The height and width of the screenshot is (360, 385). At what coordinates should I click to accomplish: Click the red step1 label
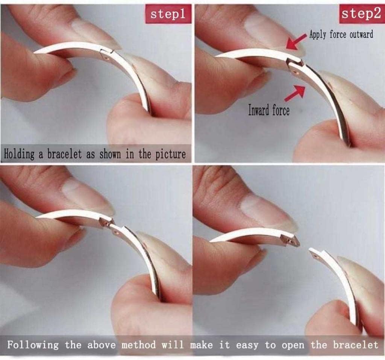point(168,14)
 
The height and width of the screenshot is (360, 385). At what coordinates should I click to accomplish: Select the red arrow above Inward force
point(296,93)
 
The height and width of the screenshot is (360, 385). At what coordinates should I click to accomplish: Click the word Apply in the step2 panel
point(318,34)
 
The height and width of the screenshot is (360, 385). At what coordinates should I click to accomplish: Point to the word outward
point(361,34)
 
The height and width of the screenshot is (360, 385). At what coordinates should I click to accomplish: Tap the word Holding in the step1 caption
point(19,155)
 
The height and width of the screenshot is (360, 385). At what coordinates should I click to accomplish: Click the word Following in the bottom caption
point(33,345)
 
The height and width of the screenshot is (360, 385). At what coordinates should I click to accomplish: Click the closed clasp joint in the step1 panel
point(106,54)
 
